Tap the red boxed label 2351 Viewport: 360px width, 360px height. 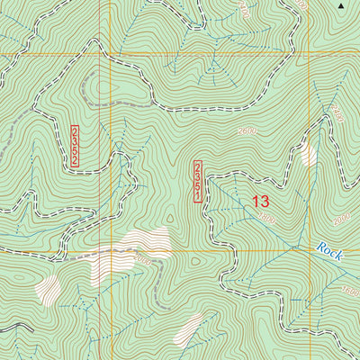pyautogui.click(x=198, y=182)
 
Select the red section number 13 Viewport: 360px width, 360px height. pyautogui.click(x=260, y=202)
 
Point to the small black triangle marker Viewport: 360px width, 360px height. pyautogui.click(x=341, y=6)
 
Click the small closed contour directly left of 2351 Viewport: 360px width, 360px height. pyautogui.click(x=170, y=218)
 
